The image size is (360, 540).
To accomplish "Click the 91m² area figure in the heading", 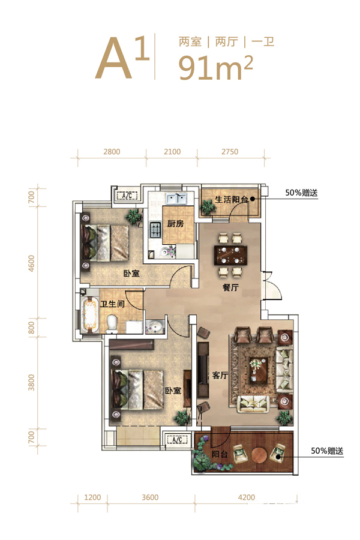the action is coord(215,67).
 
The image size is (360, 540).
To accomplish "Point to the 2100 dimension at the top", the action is coord(172,152).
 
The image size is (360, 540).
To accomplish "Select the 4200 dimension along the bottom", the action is coord(247,497).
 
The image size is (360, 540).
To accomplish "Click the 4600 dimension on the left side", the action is coord(31,263).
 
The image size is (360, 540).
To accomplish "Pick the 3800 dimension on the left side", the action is coord(31,382).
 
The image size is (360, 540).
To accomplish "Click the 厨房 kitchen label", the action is coord(175,224).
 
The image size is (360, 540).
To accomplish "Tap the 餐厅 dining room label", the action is coord(230,287).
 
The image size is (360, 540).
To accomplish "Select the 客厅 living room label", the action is coord(220,375).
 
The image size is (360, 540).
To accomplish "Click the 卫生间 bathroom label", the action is coord(112,304).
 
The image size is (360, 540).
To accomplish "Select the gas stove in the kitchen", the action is coord(155,230).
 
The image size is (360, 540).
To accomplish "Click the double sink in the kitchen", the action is coord(176,199).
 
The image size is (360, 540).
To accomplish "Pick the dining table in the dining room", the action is coord(230,255).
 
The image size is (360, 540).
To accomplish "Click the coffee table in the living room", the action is coord(259,370).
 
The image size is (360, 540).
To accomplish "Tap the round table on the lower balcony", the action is coord(259,455).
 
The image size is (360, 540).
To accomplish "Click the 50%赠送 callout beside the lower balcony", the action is coord(327,451).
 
